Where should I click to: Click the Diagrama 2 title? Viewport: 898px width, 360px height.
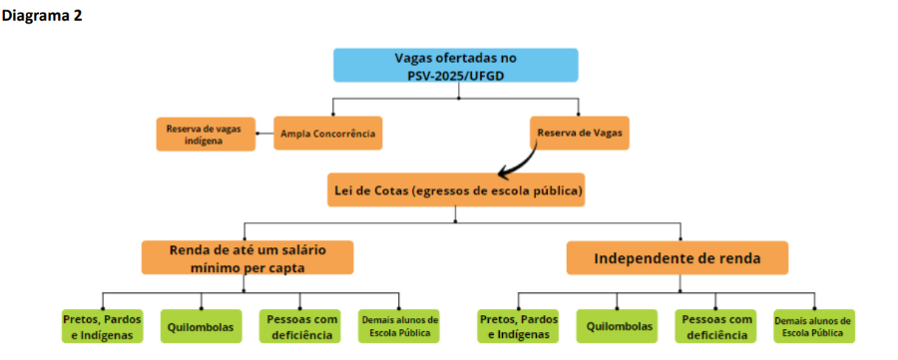[x=41, y=16]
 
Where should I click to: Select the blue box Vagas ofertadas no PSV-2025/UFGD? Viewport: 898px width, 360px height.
[x=455, y=67]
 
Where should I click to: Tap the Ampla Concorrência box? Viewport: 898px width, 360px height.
[x=329, y=134]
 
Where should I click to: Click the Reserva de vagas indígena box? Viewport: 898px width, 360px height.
[x=202, y=134]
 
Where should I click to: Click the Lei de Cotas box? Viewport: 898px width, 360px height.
[x=455, y=189]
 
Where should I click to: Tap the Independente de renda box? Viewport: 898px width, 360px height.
[x=677, y=258]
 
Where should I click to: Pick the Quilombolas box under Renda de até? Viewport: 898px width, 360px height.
[x=201, y=326]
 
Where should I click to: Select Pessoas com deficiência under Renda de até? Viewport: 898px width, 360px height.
[x=300, y=326]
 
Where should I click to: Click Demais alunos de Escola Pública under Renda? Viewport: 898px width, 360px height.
[x=398, y=326]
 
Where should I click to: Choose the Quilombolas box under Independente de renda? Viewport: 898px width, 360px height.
[x=618, y=326]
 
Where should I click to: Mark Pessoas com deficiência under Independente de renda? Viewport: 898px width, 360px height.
[x=716, y=326]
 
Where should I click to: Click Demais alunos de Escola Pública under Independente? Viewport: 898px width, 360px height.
[x=814, y=326]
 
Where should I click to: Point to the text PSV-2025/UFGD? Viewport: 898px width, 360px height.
[x=455, y=76]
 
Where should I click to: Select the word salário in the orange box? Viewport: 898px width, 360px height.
[x=290, y=248]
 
